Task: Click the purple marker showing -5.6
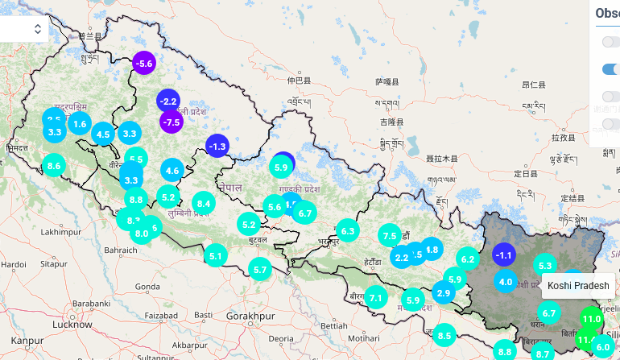[144, 64]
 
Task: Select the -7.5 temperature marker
[171, 122]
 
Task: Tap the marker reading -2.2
[168, 101]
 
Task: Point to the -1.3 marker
[217, 146]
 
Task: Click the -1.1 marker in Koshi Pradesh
[504, 255]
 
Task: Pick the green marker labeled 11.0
[592, 319]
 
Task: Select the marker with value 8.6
[55, 167]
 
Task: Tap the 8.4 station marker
[203, 204]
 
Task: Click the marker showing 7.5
[390, 236]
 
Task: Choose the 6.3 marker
[348, 231]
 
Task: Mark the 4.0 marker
[506, 282]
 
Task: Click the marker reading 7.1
[376, 298]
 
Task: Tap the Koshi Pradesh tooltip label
[579, 285]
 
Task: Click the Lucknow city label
[72, 325]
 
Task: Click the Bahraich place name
[121, 250]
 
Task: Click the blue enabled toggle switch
[611, 69]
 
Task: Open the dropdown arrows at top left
[38, 29]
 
